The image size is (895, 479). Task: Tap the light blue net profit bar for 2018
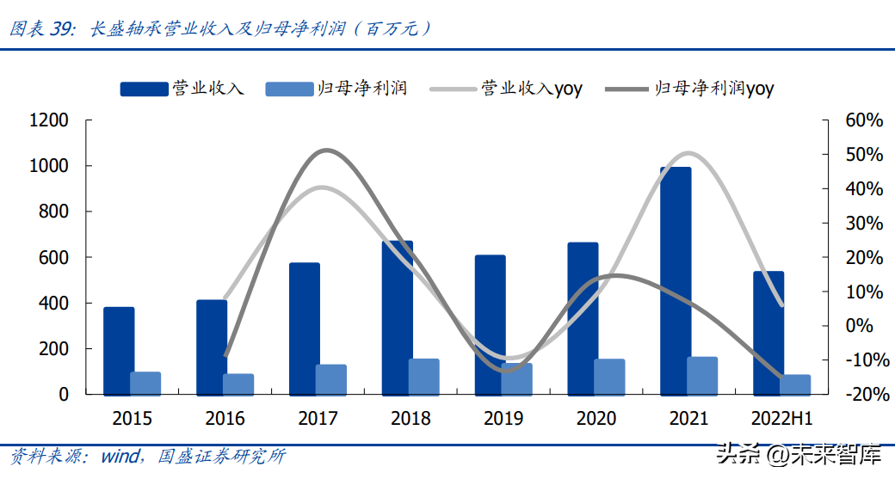pos(424,377)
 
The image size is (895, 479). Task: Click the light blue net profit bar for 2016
pos(238,384)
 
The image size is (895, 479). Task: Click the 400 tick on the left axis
pos(53,304)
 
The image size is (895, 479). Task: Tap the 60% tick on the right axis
pos(864,120)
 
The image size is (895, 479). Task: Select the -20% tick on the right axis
pos(862,395)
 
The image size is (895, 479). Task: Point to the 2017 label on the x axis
pos(318,419)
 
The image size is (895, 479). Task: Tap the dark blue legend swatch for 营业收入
pos(144,89)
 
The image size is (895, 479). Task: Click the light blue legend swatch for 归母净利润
pos(289,89)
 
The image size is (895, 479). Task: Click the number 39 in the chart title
pos(62,28)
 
